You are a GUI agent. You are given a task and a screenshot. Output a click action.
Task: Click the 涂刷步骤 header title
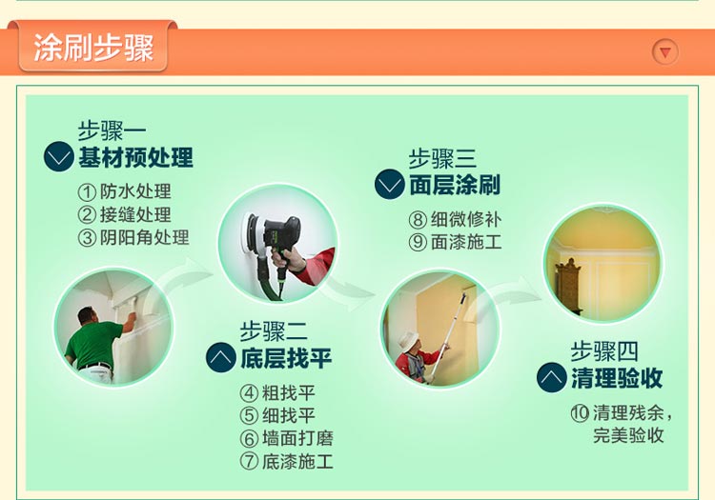93,48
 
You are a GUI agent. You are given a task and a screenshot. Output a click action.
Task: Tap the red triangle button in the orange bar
665,52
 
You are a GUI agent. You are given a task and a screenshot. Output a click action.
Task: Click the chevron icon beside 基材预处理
59,156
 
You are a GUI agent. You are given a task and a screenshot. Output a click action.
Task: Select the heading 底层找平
286,357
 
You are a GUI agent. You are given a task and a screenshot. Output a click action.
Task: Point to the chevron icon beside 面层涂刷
390,184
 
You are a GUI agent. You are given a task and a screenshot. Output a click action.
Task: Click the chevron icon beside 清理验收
552,377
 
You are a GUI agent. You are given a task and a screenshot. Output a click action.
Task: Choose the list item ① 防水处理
125,191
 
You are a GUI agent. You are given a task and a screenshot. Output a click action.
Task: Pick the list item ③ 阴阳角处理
133,238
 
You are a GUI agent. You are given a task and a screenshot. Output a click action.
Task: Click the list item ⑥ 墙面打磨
287,438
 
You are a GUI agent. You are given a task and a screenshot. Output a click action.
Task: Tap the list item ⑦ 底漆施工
287,461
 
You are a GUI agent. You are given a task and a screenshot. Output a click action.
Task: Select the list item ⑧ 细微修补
455,219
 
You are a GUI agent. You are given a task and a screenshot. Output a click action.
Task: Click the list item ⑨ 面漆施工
455,242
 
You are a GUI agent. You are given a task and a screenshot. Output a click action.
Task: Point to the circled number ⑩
580,413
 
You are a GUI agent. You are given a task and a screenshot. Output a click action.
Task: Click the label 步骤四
604,351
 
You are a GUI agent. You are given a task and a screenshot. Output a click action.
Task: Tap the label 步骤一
112,131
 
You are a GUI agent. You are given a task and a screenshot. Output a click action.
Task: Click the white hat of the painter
409,340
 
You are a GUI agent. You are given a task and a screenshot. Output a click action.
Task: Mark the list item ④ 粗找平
277,392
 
